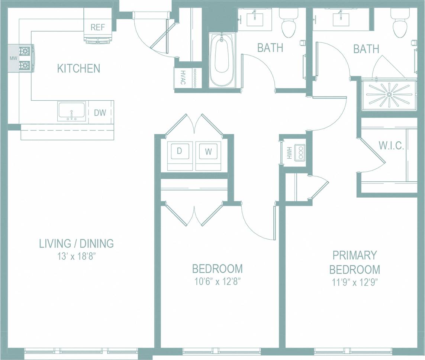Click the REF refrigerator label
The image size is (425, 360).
point(98,27)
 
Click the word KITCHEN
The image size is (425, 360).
point(78,68)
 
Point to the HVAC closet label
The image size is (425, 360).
point(183,78)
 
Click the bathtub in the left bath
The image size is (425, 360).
point(222,59)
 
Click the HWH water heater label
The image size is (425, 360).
point(289,153)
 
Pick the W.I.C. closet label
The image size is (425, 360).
point(391,146)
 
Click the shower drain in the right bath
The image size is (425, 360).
point(389,95)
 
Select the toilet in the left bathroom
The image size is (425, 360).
point(289,25)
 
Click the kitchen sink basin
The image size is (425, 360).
point(72,111)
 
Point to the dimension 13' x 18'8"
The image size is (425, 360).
point(76,257)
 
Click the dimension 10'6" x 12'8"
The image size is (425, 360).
point(217,281)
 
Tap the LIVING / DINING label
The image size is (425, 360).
point(76,244)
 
